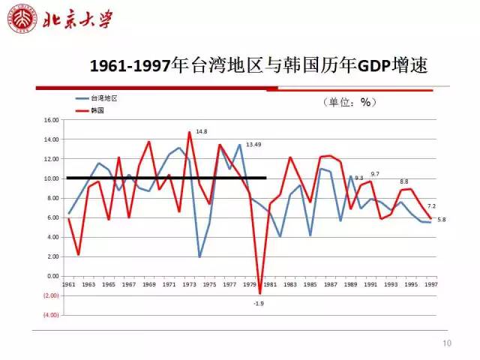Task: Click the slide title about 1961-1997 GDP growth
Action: pyautogui.click(x=258, y=65)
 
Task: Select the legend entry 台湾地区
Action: pyautogui.click(x=104, y=98)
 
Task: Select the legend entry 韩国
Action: pyautogui.click(x=97, y=109)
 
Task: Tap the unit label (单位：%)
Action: pyautogui.click(x=348, y=102)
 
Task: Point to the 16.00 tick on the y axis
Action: pyautogui.click(x=51, y=120)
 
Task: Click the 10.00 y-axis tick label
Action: pyautogui.click(x=51, y=178)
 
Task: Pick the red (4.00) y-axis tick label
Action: pyautogui.click(x=50, y=315)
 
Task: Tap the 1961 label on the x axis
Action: pyautogui.click(x=68, y=285)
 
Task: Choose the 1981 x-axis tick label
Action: pyautogui.click(x=270, y=285)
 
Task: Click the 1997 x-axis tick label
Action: pyautogui.click(x=431, y=285)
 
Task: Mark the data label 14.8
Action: pyautogui.click(x=201, y=131)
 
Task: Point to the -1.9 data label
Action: pyautogui.click(x=259, y=303)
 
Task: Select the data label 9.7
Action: pyautogui.click(x=375, y=174)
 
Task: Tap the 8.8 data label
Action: pyautogui.click(x=404, y=181)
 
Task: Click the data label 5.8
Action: pyautogui.click(x=441, y=219)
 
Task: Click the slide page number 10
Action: pyautogui.click(x=448, y=343)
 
